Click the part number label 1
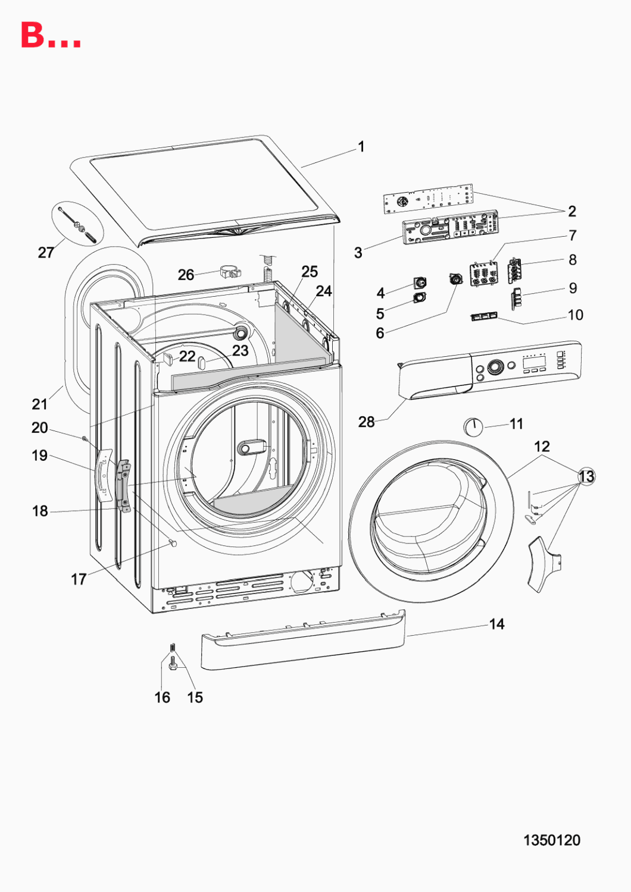coord(361,147)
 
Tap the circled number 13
coord(587,476)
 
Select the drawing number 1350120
coord(552,840)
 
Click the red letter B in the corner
coord(33,36)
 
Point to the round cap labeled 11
coord(473,427)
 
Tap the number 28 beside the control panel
coord(366,422)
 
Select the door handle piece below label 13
coord(543,564)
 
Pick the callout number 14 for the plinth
coord(496,624)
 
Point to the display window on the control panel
coord(534,362)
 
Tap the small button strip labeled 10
coord(485,316)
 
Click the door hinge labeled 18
coord(123,487)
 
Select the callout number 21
coord(39,404)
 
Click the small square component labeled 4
coord(420,282)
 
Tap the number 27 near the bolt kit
coord(46,253)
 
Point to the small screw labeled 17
coord(173,542)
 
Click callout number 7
coord(573,235)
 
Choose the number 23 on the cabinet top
coord(240,351)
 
